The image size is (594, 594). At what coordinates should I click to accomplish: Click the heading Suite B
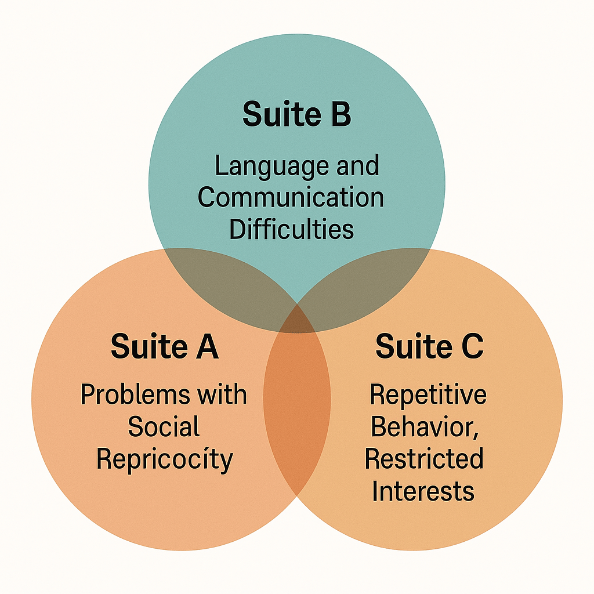point(296,114)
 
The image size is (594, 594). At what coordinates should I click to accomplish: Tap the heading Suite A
point(164,346)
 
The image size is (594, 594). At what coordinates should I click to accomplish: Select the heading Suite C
point(429,346)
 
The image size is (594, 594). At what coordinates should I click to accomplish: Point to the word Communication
point(291,197)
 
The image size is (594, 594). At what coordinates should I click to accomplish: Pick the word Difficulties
point(291,229)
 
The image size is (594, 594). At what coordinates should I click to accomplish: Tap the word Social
point(164,427)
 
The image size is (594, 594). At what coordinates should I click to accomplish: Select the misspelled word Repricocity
point(165,459)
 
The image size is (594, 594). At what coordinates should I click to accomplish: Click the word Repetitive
point(428,395)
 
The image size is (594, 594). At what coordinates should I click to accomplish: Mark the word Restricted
point(424,459)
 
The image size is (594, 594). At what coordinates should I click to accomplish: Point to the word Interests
point(423,491)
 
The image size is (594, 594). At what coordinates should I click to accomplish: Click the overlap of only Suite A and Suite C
point(297,406)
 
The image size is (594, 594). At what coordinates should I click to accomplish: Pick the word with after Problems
point(222,395)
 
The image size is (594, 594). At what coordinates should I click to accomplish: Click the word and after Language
point(357,166)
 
